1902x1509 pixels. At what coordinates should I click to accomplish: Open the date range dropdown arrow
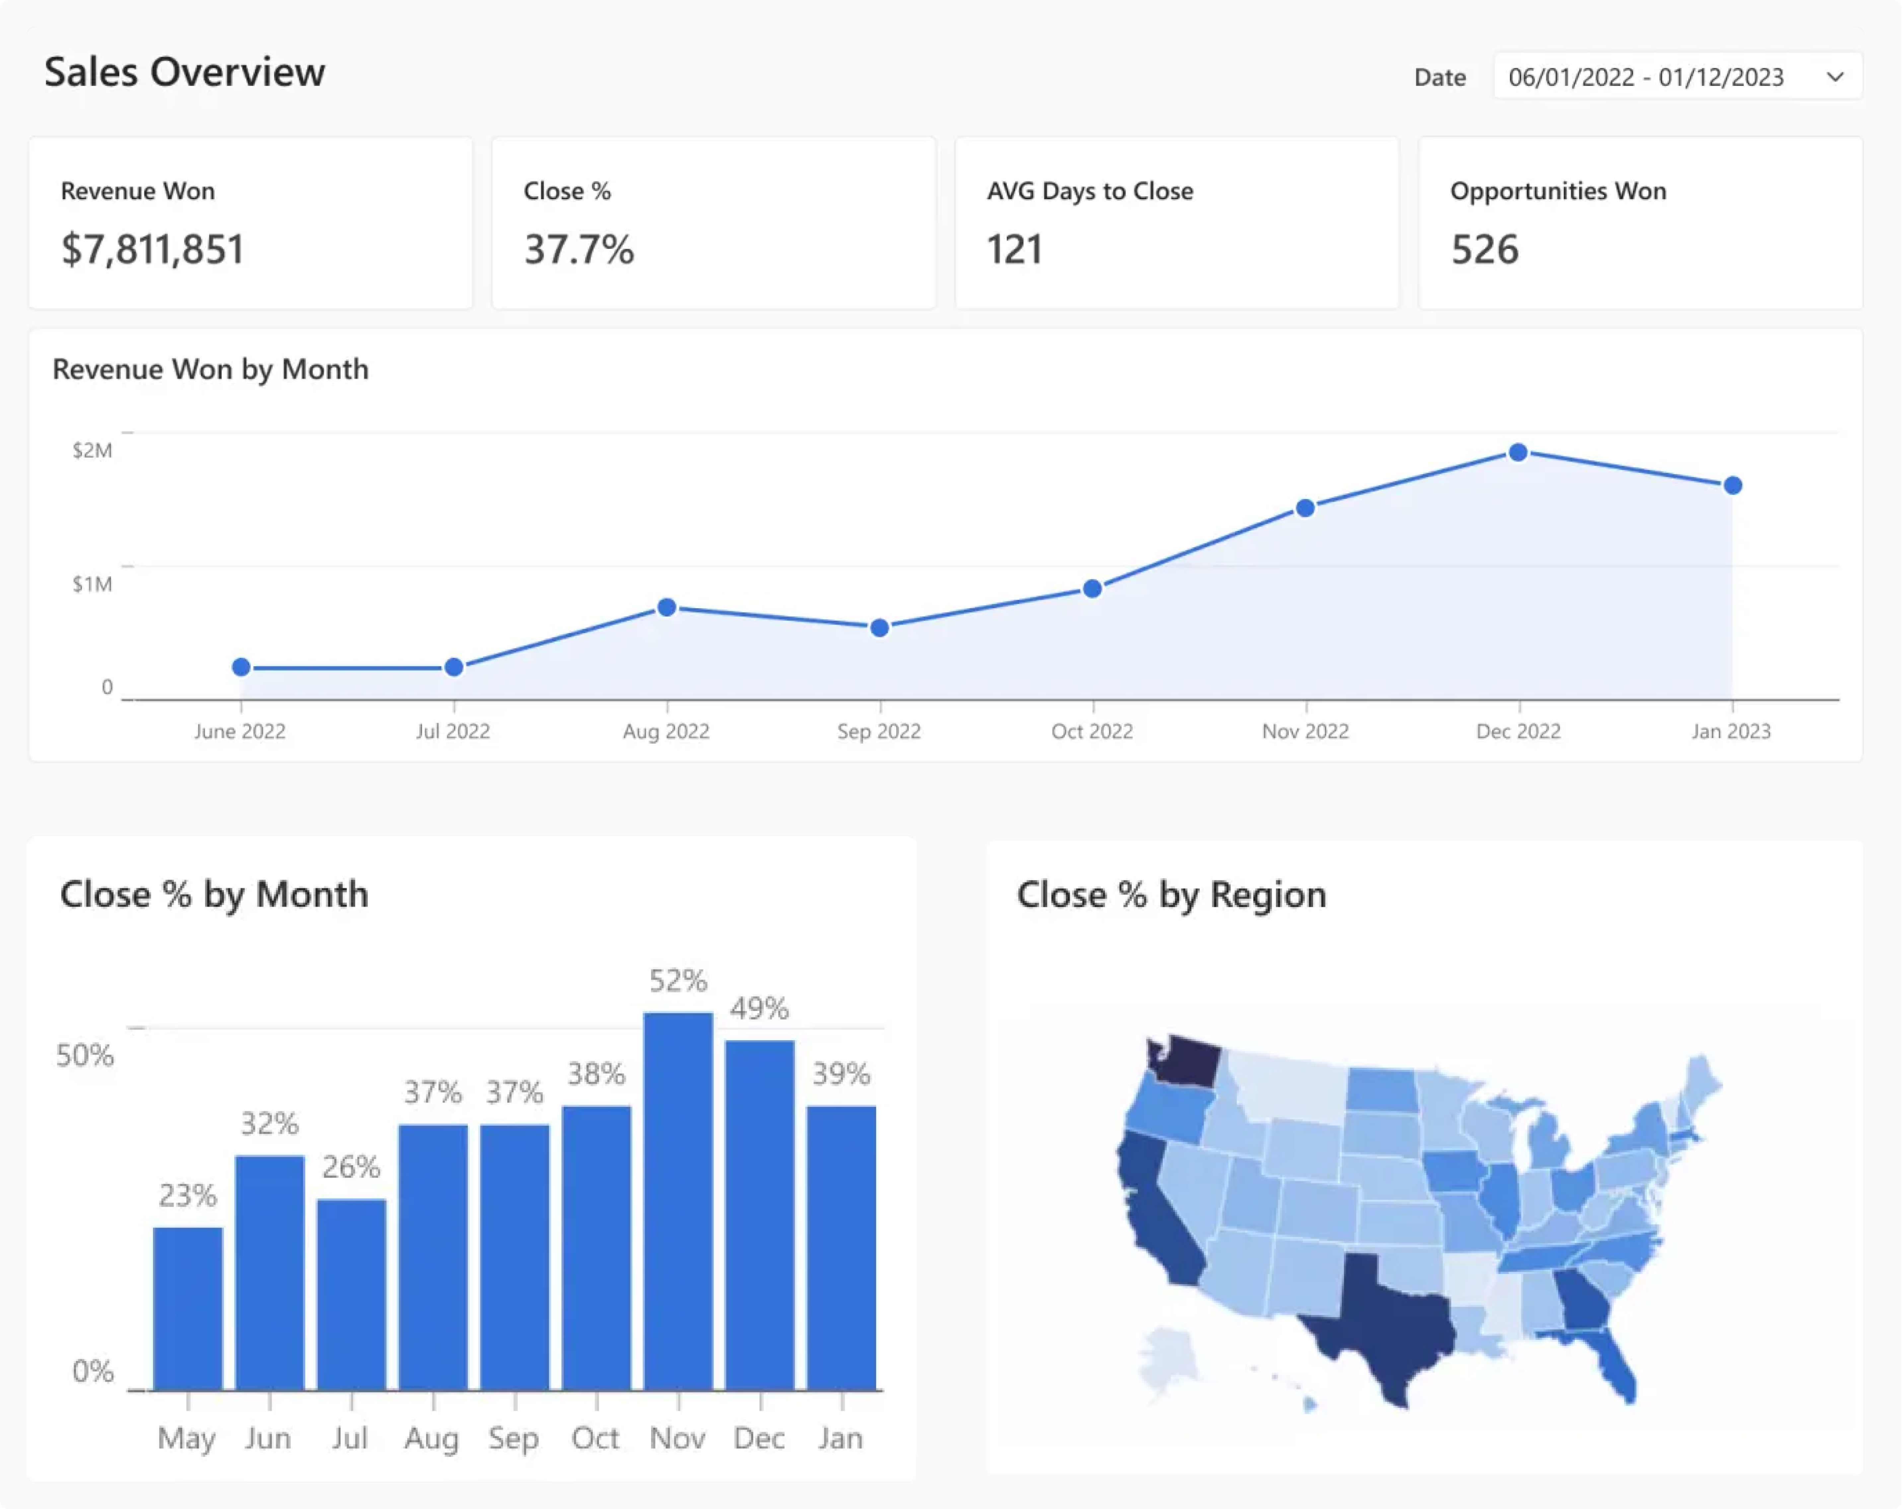(x=1835, y=77)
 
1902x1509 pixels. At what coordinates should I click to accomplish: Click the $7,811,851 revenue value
(x=153, y=250)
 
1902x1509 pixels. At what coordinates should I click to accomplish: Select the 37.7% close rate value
(x=579, y=250)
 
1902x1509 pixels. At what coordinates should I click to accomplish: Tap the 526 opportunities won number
(x=1485, y=250)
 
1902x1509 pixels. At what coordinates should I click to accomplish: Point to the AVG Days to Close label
(x=1089, y=191)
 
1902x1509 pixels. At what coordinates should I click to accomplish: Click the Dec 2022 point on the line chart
(x=1517, y=453)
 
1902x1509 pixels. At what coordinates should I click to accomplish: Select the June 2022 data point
(x=241, y=668)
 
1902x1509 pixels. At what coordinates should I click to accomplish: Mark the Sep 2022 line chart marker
(x=880, y=628)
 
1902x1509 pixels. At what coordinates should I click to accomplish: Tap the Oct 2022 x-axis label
(x=1092, y=731)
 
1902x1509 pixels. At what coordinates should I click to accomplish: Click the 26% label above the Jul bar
(x=351, y=1167)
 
